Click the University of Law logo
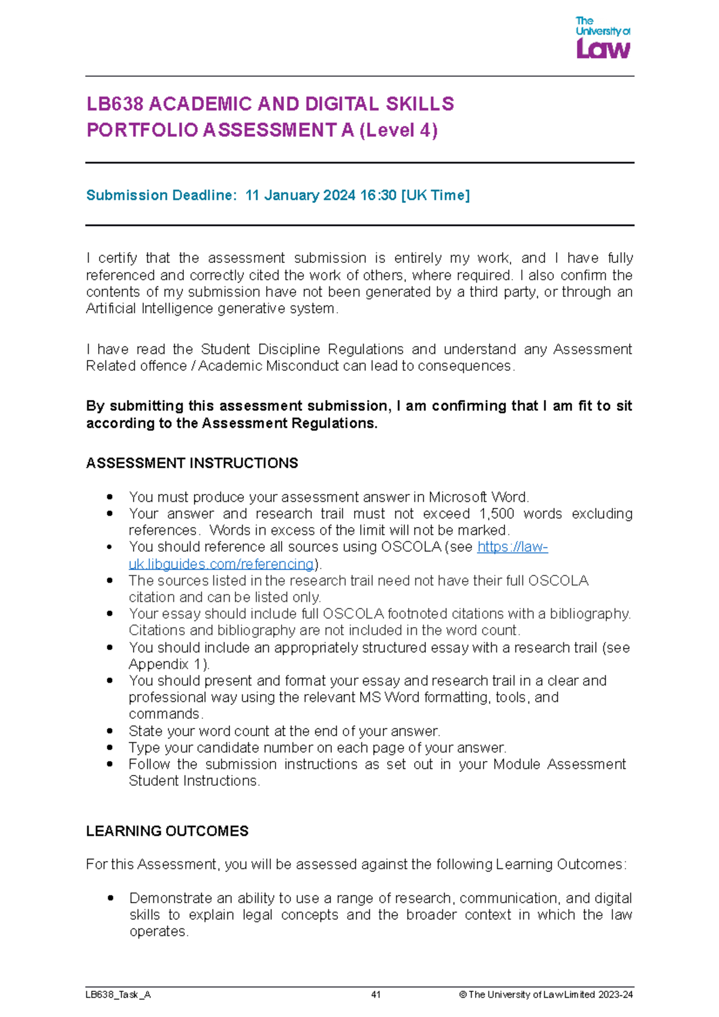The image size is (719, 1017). click(603, 38)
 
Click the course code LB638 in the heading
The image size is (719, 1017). click(115, 104)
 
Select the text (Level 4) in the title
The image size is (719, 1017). click(398, 130)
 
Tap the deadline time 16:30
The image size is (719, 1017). click(378, 195)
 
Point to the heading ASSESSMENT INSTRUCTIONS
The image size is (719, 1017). click(192, 463)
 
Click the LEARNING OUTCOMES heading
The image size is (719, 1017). click(167, 831)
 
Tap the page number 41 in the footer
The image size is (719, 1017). click(376, 995)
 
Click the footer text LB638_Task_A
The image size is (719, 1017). click(118, 995)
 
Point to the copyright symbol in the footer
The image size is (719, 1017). click(463, 995)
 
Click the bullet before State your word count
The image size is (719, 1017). click(110, 731)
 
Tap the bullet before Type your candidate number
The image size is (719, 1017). click(110, 747)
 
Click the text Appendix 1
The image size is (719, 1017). click(167, 664)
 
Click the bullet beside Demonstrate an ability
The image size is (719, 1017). click(110, 898)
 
